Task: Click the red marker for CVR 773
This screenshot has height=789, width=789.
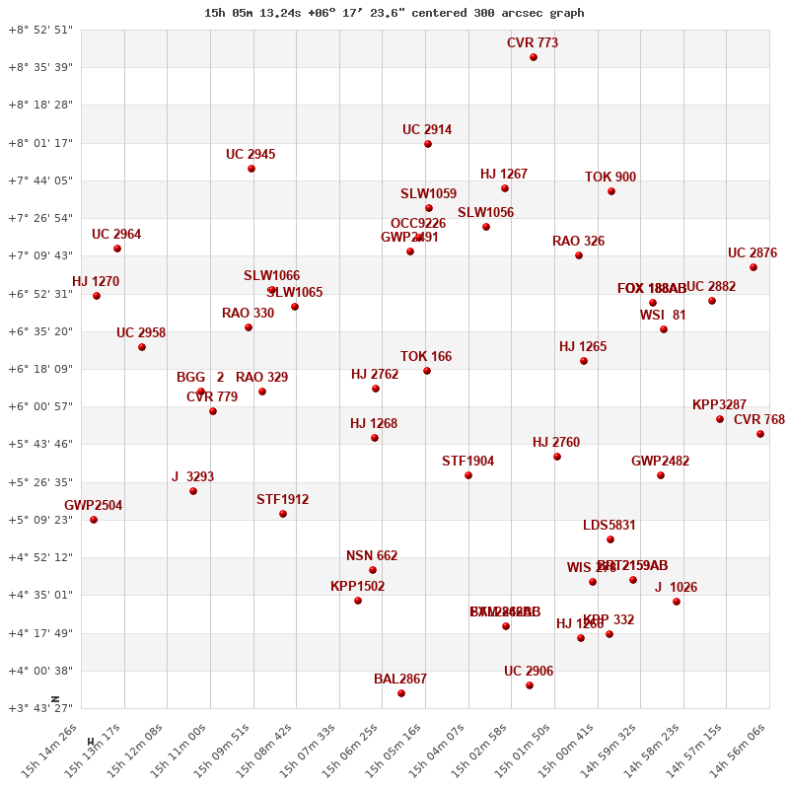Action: tap(534, 57)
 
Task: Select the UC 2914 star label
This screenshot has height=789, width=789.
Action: tap(427, 130)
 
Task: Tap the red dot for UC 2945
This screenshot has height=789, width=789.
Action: tap(251, 169)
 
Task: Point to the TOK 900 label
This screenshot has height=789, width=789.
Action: tap(610, 178)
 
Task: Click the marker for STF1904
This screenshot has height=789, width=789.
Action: tap(468, 475)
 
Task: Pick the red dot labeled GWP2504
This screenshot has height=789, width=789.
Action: tap(94, 520)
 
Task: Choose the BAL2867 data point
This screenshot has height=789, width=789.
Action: tap(401, 693)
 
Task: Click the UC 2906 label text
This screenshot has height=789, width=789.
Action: tap(529, 672)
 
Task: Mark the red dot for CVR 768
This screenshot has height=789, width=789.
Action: tap(760, 434)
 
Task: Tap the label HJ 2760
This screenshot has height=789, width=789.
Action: tap(556, 443)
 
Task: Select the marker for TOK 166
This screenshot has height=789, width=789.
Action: tap(427, 371)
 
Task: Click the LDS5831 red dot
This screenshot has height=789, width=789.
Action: tap(610, 539)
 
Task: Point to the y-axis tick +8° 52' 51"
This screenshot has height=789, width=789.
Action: tap(40, 30)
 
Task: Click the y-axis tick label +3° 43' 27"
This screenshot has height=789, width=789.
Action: tap(40, 708)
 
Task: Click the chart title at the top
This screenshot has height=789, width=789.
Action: tap(394, 13)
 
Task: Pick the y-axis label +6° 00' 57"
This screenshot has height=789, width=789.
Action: tap(40, 406)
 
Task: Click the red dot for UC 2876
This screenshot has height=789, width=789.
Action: tap(753, 267)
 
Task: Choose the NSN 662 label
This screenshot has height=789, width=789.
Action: tap(372, 556)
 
